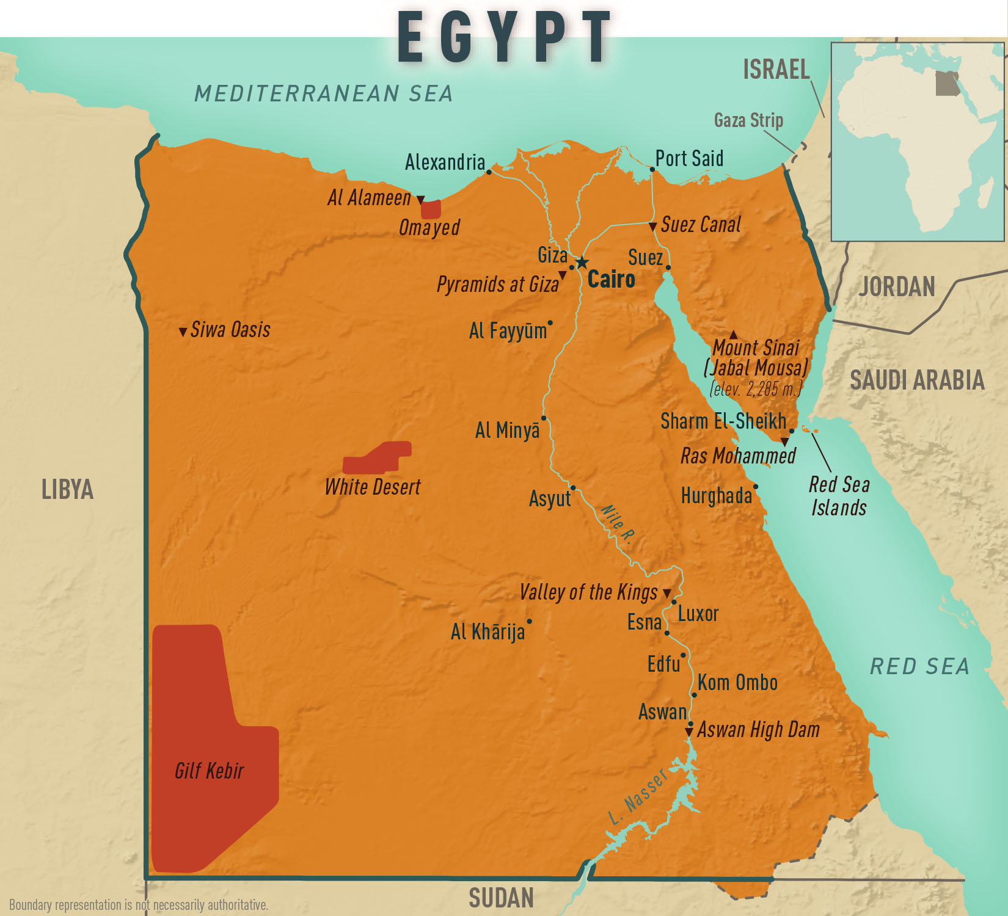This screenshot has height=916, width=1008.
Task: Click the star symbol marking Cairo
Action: click(x=582, y=263)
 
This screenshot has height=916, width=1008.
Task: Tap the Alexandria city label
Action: click(x=445, y=162)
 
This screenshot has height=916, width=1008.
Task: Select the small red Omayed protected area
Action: click(x=431, y=209)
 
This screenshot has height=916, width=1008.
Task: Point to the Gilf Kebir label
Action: click(x=209, y=771)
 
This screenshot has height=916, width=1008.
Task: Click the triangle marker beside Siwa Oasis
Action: click(x=183, y=332)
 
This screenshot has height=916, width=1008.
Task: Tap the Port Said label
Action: click(x=689, y=159)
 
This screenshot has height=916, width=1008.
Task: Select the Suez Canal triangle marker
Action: click(x=652, y=227)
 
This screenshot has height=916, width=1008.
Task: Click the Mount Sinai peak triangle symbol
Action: click(x=733, y=335)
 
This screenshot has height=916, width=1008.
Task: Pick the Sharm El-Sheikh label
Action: click(x=723, y=421)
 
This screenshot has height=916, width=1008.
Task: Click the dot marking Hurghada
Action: click(x=756, y=487)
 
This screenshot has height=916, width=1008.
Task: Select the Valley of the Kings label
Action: click(x=588, y=592)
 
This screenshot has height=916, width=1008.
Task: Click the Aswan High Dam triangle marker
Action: click(x=689, y=731)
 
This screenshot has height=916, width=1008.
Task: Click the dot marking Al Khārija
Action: click(x=529, y=622)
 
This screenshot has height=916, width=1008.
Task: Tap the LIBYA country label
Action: click(x=67, y=490)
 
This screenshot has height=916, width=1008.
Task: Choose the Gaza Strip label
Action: click(x=748, y=120)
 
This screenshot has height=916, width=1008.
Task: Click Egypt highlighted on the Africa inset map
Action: click(x=948, y=83)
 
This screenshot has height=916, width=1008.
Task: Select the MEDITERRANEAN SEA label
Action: click(x=323, y=93)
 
